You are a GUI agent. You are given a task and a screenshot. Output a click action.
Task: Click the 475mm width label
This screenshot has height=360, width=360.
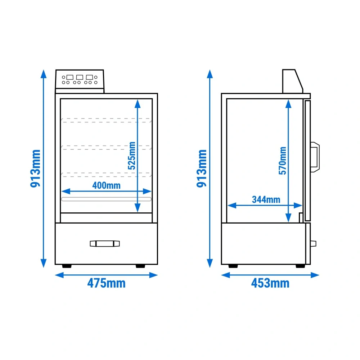(x=106, y=283)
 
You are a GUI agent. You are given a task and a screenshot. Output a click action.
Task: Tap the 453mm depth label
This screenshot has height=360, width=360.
(x=270, y=283)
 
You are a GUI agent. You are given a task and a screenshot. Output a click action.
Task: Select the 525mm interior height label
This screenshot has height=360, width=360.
(x=132, y=156)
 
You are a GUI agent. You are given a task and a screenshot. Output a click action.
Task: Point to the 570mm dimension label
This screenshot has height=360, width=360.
(x=283, y=161)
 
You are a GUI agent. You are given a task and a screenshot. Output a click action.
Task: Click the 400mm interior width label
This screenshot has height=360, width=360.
(x=106, y=185)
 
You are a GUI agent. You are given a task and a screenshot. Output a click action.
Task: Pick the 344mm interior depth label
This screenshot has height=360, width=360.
(x=266, y=199)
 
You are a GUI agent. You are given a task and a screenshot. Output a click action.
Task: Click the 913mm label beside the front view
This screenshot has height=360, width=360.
(x=35, y=168)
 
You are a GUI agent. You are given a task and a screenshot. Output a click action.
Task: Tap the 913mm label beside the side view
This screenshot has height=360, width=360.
(x=202, y=168)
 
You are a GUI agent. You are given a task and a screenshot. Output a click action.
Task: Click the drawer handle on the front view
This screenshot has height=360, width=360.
(x=105, y=244)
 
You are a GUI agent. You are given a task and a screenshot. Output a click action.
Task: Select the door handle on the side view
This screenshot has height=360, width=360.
(x=315, y=157)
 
